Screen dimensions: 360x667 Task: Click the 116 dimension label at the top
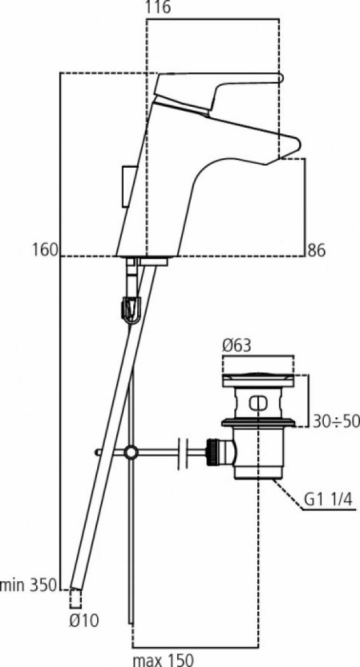157,8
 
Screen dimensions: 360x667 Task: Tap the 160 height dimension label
44,250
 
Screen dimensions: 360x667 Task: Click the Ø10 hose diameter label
84,621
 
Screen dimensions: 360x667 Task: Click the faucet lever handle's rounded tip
280,77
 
